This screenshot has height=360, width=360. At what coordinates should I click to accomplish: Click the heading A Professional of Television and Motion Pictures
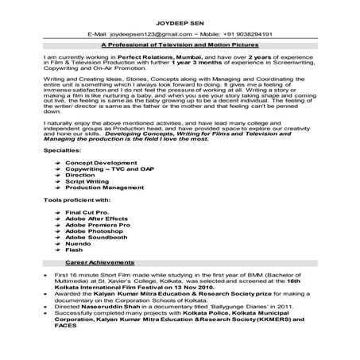pos(180,47)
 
